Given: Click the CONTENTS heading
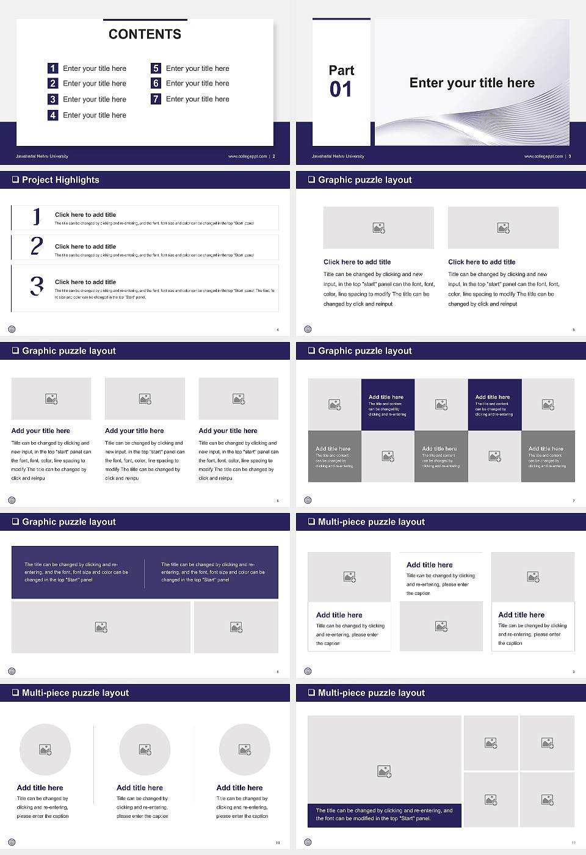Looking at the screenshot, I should point(145,34).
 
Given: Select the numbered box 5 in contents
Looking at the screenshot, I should point(156,68).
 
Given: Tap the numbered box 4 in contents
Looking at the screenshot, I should point(52,115).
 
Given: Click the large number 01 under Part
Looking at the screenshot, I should point(341,90).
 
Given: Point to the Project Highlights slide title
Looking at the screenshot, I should point(60,180).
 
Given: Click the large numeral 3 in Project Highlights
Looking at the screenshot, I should point(37,286).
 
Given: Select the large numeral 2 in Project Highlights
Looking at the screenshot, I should point(37,246).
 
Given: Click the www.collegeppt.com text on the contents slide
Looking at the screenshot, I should point(247,156).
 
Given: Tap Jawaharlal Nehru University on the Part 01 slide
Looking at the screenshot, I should point(338,156).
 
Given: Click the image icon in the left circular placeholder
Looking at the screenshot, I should point(45,749).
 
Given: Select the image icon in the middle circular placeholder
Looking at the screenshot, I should point(145,749).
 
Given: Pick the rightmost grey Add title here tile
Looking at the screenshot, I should point(548,456).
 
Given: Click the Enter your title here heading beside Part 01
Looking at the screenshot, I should point(472,83).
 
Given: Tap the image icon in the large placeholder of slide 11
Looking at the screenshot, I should point(384,772).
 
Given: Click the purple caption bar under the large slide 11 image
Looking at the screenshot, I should point(384,815).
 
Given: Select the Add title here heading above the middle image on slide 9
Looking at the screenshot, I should point(430,565).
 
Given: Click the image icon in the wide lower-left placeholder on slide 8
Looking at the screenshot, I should point(101,627).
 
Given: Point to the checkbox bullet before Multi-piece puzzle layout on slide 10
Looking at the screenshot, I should point(15,693).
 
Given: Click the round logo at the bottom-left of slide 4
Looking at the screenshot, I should point(12,329).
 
